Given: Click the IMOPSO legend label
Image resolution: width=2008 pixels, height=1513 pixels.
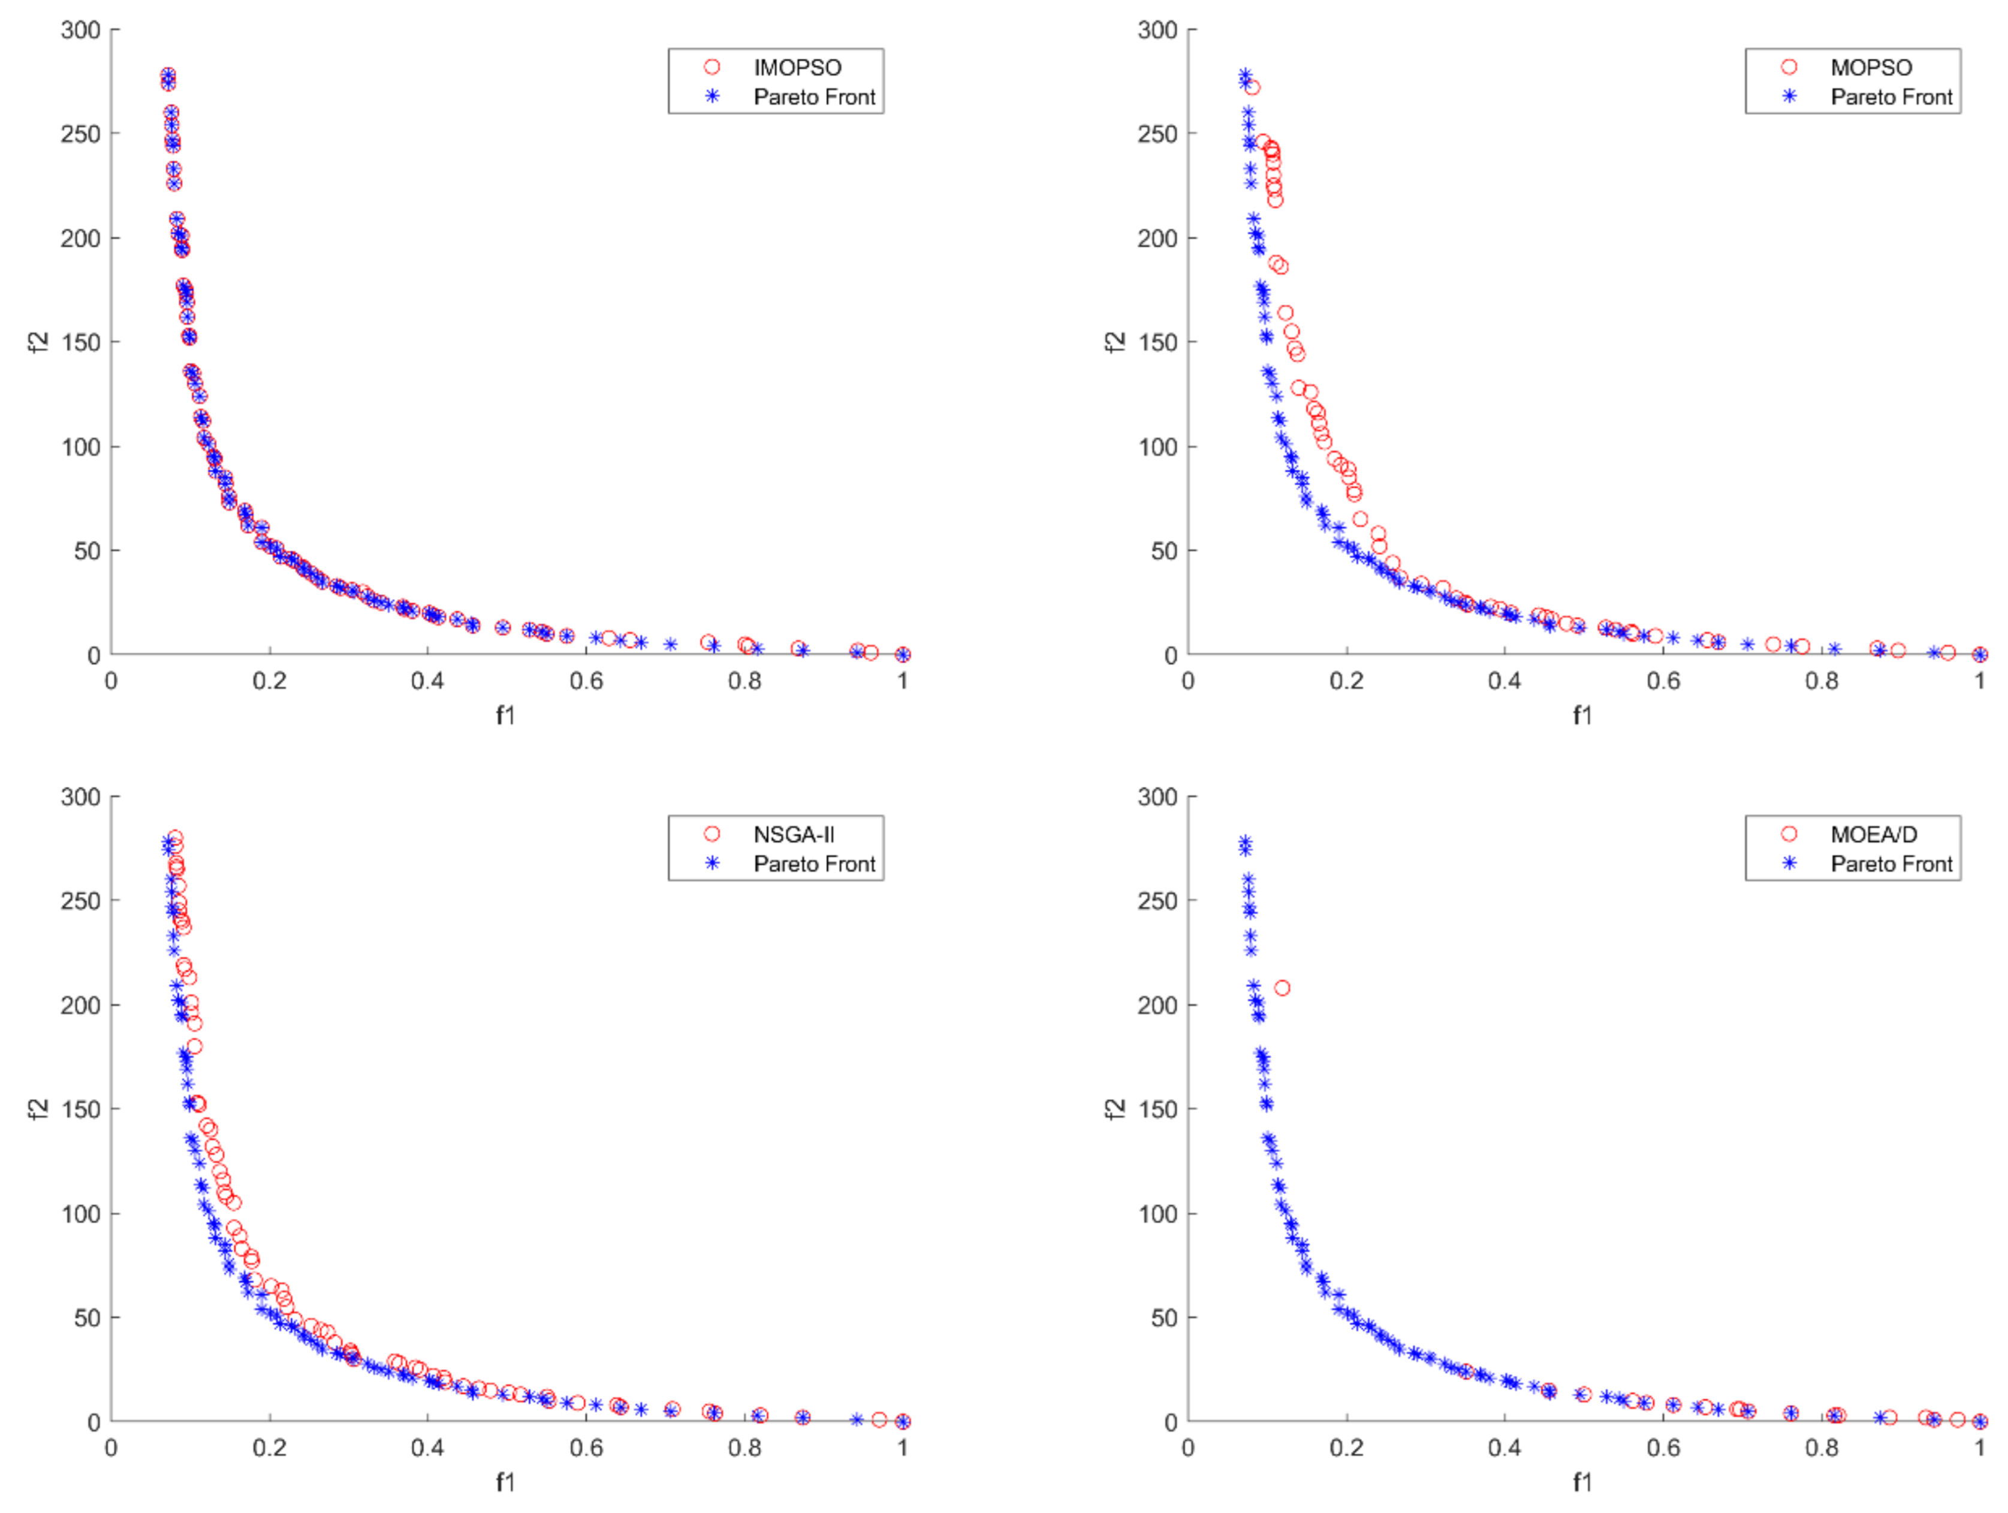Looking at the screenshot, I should click(797, 67).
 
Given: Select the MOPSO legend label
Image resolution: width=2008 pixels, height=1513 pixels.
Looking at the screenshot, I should click(1871, 67).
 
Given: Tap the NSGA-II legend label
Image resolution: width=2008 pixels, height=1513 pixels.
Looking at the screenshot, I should click(794, 834).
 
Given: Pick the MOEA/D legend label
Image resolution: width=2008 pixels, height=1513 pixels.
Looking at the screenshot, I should click(1874, 834).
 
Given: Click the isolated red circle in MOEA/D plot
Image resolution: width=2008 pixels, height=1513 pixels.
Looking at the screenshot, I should click(1282, 988).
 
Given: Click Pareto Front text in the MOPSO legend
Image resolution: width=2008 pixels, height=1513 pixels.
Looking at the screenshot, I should click(1891, 97).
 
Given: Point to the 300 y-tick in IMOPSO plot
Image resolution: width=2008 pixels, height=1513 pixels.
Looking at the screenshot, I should click(81, 30).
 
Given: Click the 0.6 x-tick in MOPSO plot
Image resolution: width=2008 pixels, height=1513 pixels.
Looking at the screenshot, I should click(1663, 681).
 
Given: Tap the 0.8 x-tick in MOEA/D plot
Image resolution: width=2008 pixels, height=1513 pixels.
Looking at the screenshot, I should click(1821, 1448).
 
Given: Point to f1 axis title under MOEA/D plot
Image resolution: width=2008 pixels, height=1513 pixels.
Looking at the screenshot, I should click(1582, 1482).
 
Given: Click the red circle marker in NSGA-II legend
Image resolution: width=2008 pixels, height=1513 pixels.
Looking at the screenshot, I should click(713, 834).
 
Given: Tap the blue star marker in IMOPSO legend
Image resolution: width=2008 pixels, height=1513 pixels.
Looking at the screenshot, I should click(713, 97).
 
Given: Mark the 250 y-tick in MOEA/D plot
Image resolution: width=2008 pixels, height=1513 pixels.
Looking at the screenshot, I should click(1157, 901).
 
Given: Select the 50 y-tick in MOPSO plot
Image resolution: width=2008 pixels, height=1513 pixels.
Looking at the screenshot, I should click(1164, 551).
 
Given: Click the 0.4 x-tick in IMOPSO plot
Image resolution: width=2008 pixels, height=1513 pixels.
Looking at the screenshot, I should click(427, 681).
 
